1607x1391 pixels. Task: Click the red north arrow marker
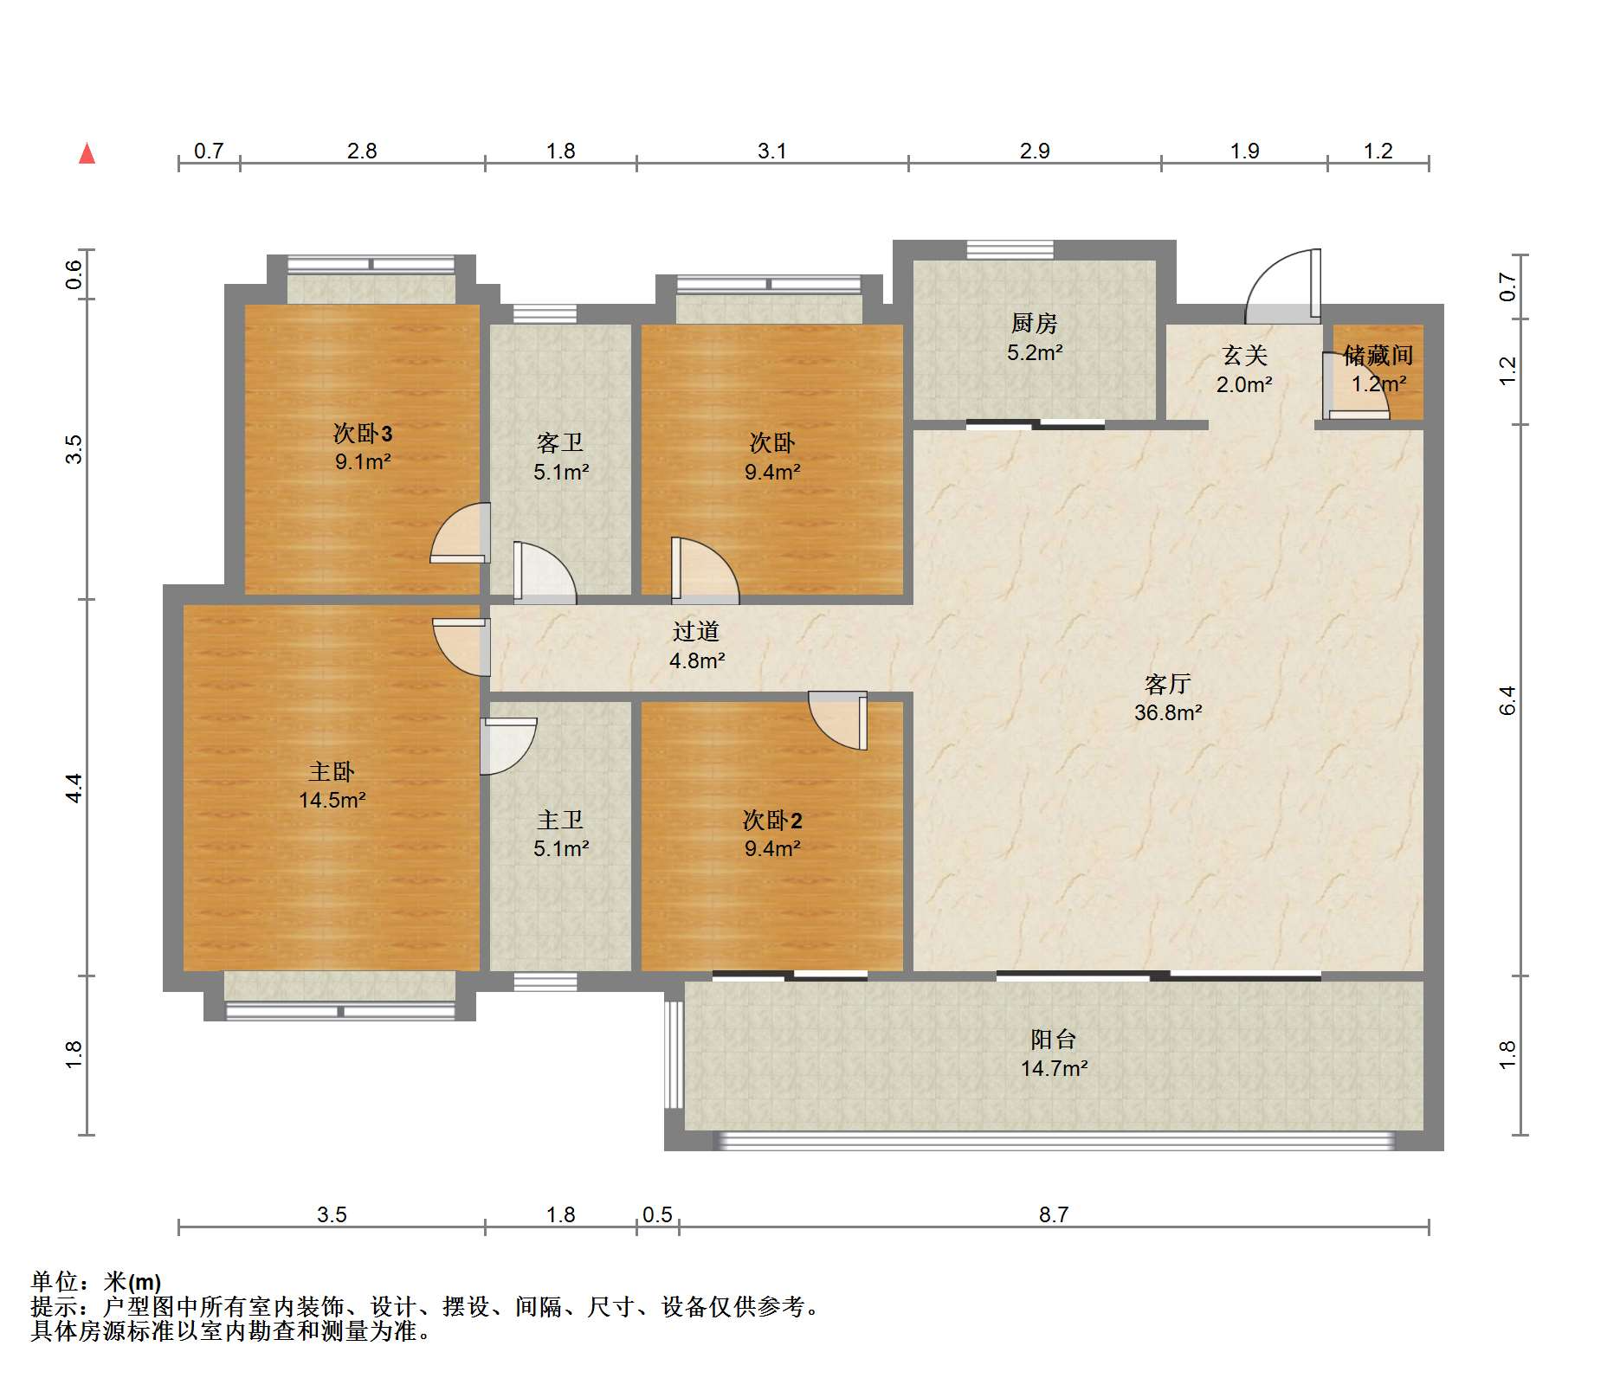pyautogui.click(x=87, y=153)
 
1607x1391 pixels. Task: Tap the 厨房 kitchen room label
pyautogui.click(x=1034, y=324)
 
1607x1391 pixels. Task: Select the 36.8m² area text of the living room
pyautogui.click(x=1168, y=712)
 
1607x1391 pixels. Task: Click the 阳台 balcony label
pyautogui.click(x=1053, y=1039)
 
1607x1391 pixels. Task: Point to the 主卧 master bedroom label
pyautogui.click(x=332, y=771)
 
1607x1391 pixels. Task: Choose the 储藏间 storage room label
pyautogui.click(x=1378, y=355)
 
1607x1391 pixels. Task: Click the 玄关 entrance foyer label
pyautogui.click(x=1245, y=355)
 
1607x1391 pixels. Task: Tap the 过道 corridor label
pyautogui.click(x=696, y=631)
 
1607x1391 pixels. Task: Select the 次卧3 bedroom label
pyautogui.click(x=363, y=433)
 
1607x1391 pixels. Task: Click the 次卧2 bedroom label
pyautogui.click(x=772, y=820)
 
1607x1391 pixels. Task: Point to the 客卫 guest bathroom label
pyautogui.click(x=560, y=443)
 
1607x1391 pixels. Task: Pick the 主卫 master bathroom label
pyautogui.click(x=560, y=820)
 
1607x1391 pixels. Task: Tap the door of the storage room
pyautogui.click(x=1356, y=386)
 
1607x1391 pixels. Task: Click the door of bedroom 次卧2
pyautogui.click(x=838, y=720)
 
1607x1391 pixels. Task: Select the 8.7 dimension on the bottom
pyautogui.click(x=1053, y=1214)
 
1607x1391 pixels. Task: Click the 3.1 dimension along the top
pyautogui.click(x=771, y=151)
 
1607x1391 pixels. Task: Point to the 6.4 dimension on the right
pyautogui.click(x=1507, y=700)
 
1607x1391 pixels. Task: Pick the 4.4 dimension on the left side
pyautogui.click(x=74, y=788)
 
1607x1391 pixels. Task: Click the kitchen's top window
pyautogui.click(x=1010, y=250)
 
